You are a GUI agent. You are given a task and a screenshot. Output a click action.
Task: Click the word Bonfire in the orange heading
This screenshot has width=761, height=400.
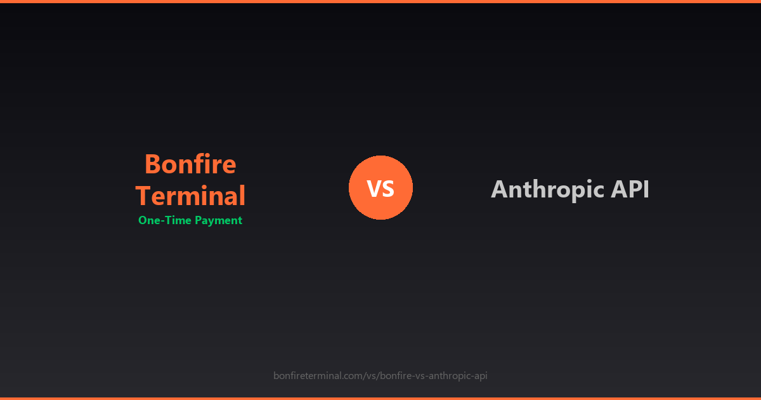[x=190, y=164]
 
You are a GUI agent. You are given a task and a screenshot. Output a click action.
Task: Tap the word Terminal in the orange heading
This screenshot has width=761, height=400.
[x=190, y=196]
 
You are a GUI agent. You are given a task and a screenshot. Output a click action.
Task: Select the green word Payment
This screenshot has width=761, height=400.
[x=218, y=221]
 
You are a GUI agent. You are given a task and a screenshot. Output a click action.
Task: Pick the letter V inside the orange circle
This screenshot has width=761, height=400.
[x=374, y=189]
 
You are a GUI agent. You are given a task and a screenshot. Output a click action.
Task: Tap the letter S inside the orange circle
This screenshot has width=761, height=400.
[x=388, y=189]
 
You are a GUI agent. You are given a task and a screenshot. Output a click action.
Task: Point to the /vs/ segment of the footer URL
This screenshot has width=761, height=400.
[x=372, y=376]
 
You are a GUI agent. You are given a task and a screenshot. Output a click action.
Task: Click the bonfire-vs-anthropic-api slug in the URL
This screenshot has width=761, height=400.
[x=434, y=376]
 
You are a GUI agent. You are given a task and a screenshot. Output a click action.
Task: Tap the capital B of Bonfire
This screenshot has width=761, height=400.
[x=153, y=164]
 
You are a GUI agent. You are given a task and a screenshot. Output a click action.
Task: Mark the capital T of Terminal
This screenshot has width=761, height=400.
[x=143, y=196]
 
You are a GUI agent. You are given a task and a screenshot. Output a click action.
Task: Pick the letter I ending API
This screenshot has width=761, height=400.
[x=646, y=189]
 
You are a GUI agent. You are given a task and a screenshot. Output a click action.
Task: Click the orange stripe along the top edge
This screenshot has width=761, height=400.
[x=380, y=1]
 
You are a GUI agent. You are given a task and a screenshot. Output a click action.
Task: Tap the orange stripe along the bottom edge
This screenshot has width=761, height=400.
[x=380, y=398]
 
